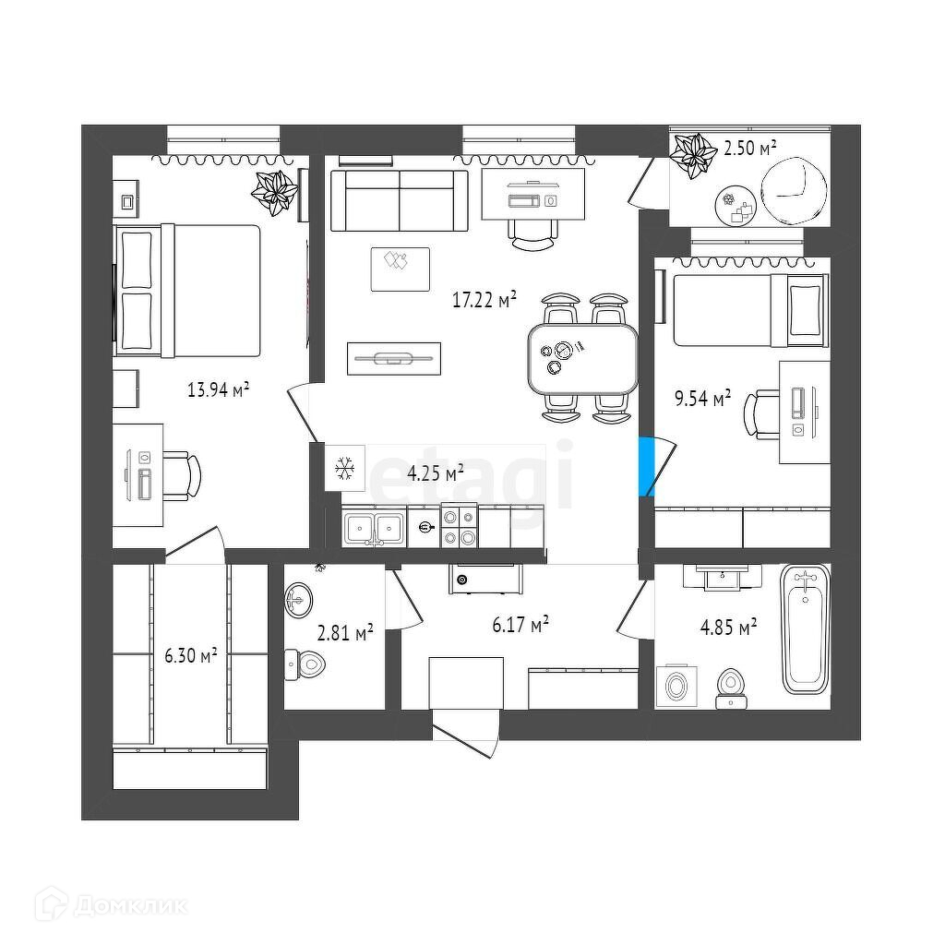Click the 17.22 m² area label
click(484, 299)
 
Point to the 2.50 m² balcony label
click(749, 147)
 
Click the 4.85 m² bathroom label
click(729, 628)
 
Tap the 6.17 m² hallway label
click(520, 626)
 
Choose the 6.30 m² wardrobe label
click(191, 654)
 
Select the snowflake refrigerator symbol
click(345, 469)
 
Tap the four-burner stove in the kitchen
click(459, 527)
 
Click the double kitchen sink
click(374, 528)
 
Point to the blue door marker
click(647, 466)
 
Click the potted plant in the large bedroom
click(276, 191)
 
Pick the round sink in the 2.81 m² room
click(299, 601)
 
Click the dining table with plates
click(582, 356)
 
